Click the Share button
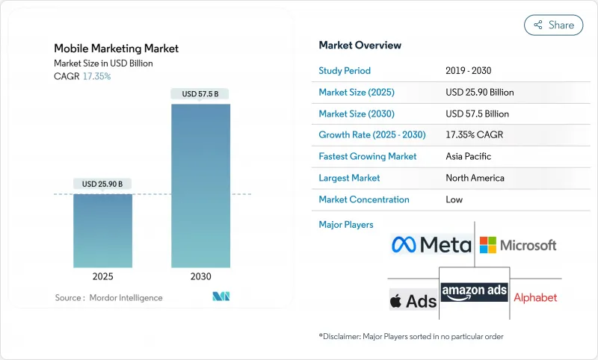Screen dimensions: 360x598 [553, 25]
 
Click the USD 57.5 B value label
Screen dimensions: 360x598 [200, 94]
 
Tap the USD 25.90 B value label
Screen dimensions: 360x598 [102, 184]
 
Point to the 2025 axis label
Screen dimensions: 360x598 [102, 276]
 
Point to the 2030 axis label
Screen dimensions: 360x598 [200, 276]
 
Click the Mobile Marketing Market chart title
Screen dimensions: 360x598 [116, 49]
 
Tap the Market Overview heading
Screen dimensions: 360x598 [360, 46]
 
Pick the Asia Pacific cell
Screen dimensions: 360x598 [469, 157]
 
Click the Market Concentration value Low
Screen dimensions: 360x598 [454, 199]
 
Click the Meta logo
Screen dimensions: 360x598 [431, 244]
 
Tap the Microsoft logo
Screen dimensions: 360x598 [518, 244]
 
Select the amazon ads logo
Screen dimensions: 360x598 [474, 291]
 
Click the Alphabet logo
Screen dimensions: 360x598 [535, 297]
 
